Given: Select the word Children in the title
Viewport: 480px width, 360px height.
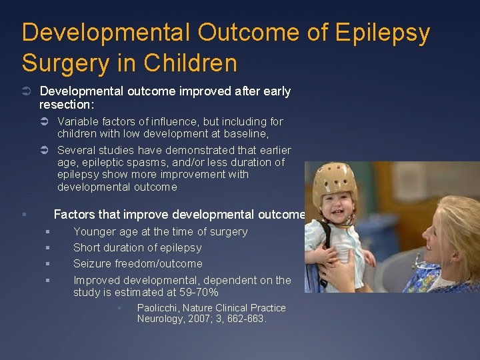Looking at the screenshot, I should click(x=197, y=63).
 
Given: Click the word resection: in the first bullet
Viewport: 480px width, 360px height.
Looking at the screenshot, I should click(x=67, y=105).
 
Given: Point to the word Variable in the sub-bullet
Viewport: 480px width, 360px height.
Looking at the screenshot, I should click(x=77, y=121).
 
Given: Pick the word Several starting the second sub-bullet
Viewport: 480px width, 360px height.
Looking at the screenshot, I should click(x=76, y=150).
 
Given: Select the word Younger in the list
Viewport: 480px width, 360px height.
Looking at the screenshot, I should click(x=94, y=231).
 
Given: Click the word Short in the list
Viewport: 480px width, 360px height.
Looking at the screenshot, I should click(x=87, y=247).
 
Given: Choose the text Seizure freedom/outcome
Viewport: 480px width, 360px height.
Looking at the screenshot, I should click(x=137, y=263).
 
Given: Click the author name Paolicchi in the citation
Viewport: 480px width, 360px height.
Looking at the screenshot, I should click(x=159, y=308).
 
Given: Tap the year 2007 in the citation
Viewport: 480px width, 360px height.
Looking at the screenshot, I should click(x=200, y=319).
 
